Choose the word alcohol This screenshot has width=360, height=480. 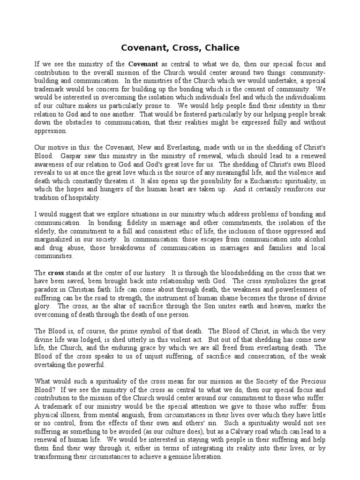[313, 240]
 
